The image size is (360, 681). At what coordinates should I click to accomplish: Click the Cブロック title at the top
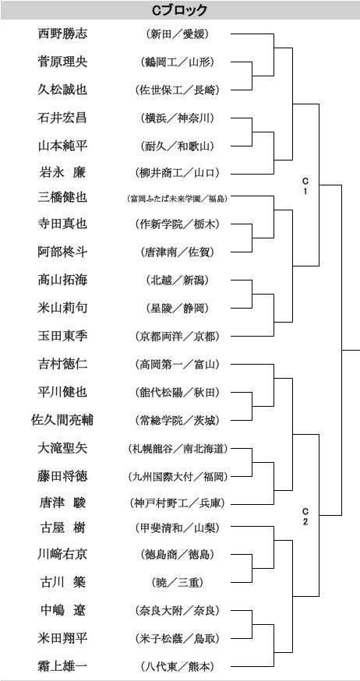(179, 10)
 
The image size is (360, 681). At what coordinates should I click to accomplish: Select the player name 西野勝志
(62, 34)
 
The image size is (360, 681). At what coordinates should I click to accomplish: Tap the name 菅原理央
(62, 62)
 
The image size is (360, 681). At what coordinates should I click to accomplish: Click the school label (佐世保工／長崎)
(177, 90)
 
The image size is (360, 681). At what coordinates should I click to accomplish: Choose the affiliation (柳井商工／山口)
(177, 172)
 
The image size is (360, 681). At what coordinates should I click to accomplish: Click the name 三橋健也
(62, 197)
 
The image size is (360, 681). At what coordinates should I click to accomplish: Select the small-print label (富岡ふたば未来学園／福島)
(177, 199)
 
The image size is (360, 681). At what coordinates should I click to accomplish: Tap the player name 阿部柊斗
(62, 252)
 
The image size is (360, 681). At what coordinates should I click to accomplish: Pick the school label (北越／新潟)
(177, 281)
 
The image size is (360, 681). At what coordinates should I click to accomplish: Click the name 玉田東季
(62, 336)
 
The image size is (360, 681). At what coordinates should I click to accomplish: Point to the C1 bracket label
(305, 185)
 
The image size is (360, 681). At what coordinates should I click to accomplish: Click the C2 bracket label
(305, 517)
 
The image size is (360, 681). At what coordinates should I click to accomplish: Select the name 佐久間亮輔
(62, 421)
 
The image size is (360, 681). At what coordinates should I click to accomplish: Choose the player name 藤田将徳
(62, 476)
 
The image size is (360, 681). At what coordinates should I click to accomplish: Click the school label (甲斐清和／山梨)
(177, 528)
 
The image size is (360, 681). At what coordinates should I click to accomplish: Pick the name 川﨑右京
(62, 554)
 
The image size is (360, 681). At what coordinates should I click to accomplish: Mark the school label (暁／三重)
(177, 583)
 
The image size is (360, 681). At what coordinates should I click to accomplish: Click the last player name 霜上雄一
(62, 665)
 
